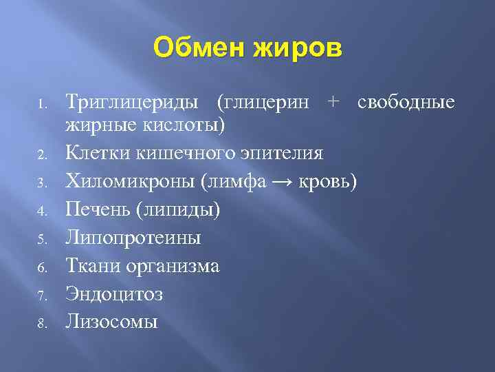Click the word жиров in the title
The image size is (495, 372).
click(298, 49)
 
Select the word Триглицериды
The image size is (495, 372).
click(135, 103)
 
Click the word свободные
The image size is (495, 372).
click(406, 103)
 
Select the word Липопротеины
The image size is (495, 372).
click(133, 238)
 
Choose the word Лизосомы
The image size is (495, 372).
click(111, 322)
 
